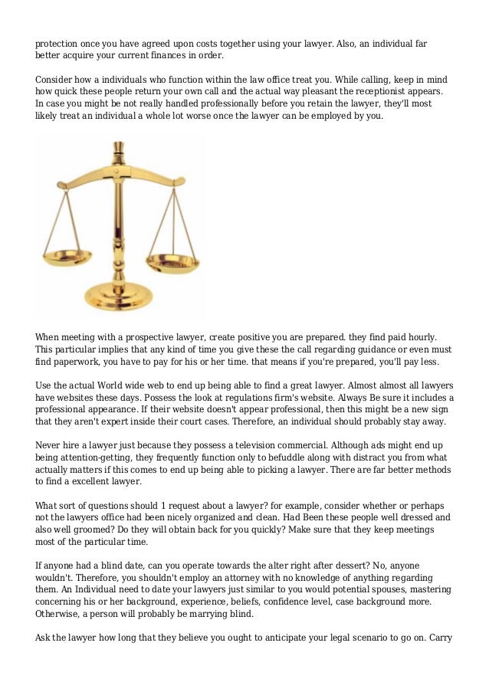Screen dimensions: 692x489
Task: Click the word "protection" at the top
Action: [57, 44]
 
